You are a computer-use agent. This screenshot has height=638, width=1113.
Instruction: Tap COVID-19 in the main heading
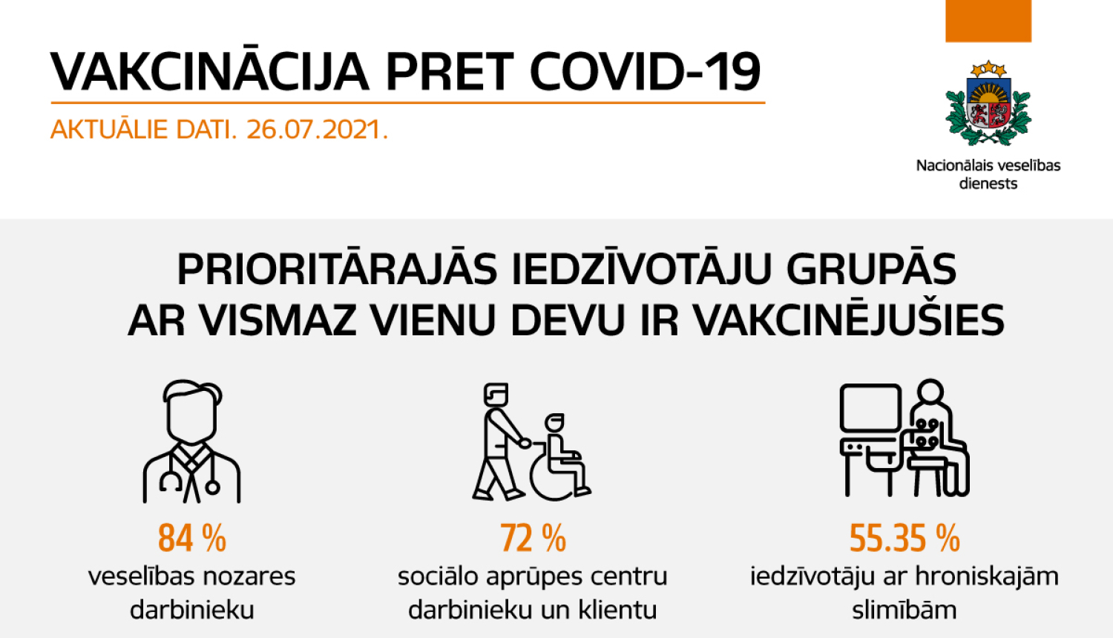point(645,73)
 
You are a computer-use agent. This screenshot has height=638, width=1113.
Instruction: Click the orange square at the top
point(988,20)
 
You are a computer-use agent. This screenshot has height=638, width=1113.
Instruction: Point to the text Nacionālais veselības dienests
point(988,174)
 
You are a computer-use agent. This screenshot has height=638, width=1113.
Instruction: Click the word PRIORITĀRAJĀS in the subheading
point(337,269)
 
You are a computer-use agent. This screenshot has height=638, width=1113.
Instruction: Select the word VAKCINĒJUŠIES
point(848,320)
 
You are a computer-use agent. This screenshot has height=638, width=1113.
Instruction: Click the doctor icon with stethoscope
point(191,442)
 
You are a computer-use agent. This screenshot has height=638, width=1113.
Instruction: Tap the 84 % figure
point(191,539)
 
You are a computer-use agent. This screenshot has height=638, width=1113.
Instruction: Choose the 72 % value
point(533,539)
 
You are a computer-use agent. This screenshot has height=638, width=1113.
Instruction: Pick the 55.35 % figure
point(904,539)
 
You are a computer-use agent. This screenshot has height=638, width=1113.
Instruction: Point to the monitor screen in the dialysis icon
point(870,407)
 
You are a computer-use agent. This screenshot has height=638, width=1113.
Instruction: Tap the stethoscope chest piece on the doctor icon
point(212,487)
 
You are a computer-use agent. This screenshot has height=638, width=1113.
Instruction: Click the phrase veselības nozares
point(191,576)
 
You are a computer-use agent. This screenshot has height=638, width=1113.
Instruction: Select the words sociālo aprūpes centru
point(532,576)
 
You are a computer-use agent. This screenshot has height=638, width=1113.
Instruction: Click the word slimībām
point(904,611)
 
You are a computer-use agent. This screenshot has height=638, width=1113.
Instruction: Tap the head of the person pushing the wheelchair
point(496,394)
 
